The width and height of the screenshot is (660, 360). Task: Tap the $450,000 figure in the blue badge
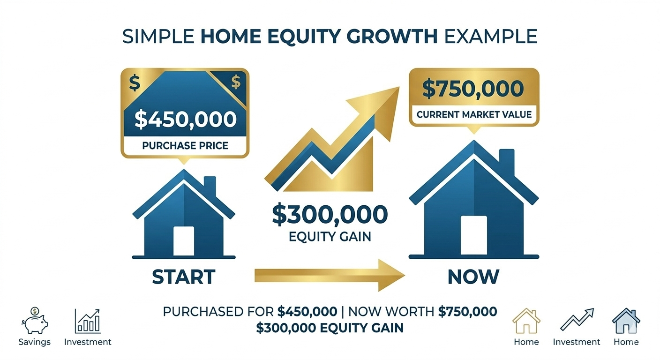(185, 119)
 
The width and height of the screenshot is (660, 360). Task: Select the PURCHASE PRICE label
(185, 145)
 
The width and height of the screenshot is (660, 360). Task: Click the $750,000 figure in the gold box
(473, 89)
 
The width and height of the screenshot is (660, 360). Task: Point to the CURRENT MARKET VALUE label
(474, 114)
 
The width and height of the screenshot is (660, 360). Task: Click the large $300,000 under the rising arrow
(330, 214)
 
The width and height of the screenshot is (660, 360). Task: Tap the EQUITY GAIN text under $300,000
(330, 236)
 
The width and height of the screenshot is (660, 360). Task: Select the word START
(184, 277)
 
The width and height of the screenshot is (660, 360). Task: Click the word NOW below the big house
(473, 277)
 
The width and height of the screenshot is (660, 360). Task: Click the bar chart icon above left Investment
(88, 321)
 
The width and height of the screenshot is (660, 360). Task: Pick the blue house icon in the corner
(626, 321)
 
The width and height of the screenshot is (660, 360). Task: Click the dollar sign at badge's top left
(135, 83)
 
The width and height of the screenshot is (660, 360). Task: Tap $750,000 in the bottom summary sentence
(467, 312)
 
